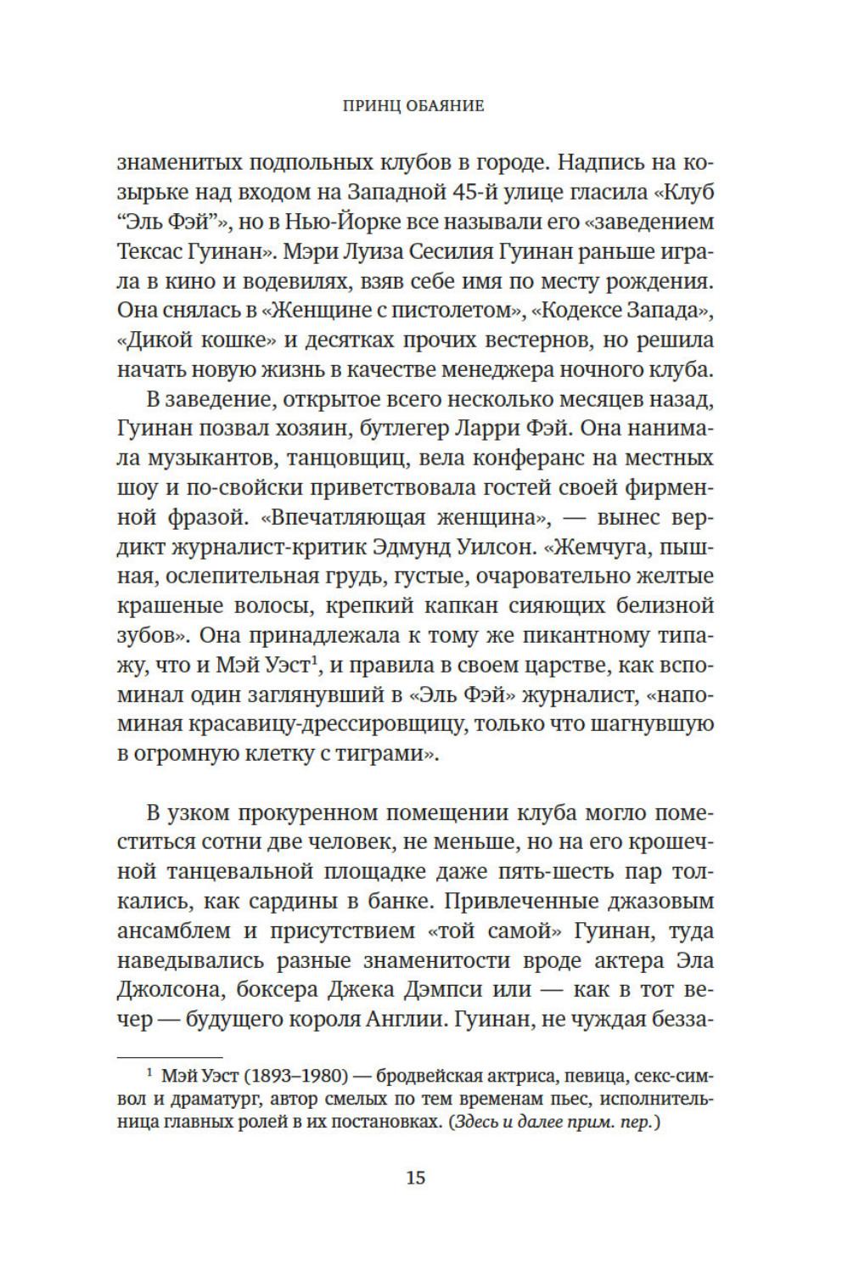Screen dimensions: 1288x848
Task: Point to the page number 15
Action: click(415, 1178)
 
